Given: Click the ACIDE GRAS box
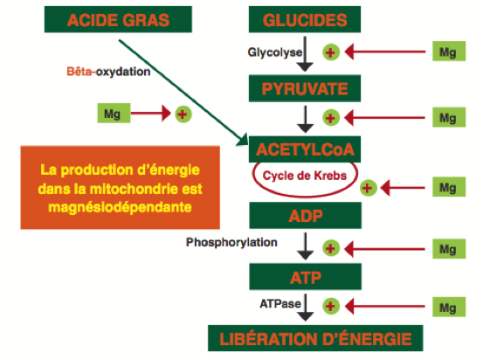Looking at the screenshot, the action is (x=118, y=19).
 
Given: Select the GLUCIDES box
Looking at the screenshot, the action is (x=305, y=19).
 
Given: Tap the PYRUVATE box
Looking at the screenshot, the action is (x=305, y=88).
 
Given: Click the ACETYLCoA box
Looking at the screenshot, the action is (x=305, y=149).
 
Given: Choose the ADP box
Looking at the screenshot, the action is (x=306, y=216).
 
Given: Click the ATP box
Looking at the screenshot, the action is (x=306, y=277).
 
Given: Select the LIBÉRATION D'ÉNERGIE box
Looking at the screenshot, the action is (x=315, y=338).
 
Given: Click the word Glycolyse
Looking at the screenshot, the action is (x=275, y=52).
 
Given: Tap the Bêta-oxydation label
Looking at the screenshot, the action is (x=108, y=72).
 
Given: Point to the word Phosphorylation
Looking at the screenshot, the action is (x=231, y=243).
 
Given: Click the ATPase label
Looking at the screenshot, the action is (x=280, y=304).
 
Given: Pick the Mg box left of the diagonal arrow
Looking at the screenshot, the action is (x=114, y=113).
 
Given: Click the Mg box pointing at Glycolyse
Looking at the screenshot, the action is (x=449, y=52).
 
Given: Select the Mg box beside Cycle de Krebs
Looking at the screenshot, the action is (x=449, y=187).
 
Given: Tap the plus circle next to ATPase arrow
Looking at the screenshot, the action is (x=331, y=307).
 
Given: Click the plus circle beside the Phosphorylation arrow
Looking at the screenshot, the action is (x=331, y=248).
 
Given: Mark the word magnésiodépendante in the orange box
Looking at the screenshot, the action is (x=121, y=207).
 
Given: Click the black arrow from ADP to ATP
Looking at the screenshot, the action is (x=306, y=246).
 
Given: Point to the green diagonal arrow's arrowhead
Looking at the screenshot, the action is (x=244, y=140).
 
